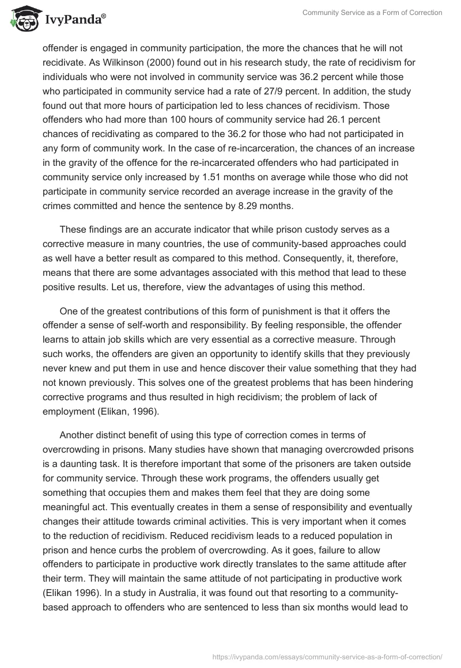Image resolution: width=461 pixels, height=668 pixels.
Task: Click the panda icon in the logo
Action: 21,18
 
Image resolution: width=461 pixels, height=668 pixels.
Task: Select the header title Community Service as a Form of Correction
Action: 372,13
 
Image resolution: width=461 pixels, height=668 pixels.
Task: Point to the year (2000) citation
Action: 201,63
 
